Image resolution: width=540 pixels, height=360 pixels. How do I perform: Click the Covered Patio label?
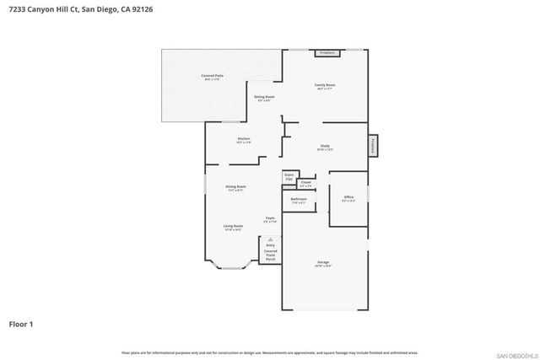click(212, 78)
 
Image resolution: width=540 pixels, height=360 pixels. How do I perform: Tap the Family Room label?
click(325, 87)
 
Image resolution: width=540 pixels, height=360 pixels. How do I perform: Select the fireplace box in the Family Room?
click(327, 53)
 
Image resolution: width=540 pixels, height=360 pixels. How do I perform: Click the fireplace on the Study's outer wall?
click(373, 147)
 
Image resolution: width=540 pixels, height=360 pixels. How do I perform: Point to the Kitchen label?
click(243, 140)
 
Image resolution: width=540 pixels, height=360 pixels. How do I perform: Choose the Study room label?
click(325, 148)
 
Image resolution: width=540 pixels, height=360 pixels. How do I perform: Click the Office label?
click(348, 199)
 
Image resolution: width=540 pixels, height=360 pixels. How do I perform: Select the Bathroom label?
click(299, 201)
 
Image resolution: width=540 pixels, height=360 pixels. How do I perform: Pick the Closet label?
click(305, 183)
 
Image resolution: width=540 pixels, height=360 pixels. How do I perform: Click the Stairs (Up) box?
click(289, 178)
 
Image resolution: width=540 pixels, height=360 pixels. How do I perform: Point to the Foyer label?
click(270, 220)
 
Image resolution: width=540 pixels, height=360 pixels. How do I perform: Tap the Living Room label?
click(234, 228)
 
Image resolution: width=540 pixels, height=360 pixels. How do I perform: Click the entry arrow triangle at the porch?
click(270, 239)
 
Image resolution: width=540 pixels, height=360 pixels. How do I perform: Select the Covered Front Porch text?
click(270, 255)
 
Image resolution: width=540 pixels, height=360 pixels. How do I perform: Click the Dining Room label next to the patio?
click(264, 99)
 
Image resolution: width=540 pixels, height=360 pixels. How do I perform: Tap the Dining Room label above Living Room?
click(235, 188)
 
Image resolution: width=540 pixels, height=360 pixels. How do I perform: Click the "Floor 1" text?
click(21, 323)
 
